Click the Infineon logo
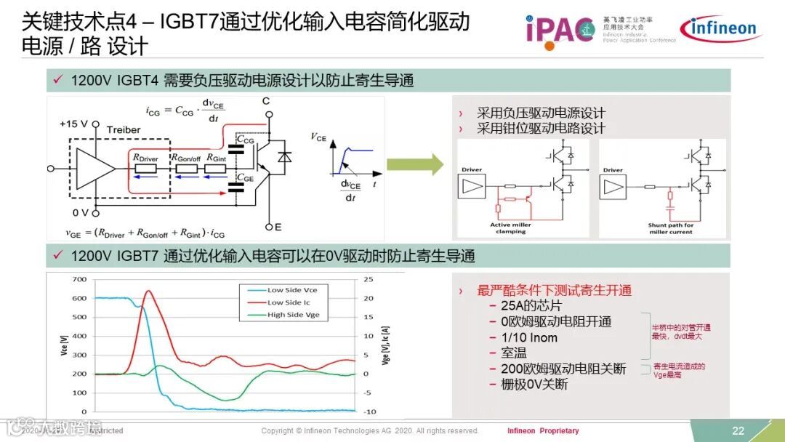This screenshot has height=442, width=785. pos(718,28)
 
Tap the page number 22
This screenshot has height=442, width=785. pos(738,430)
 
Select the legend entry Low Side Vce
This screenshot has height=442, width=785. pos(292,290)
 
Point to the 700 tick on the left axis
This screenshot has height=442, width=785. pos(79,280)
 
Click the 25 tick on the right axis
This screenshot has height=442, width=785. pos(369,280)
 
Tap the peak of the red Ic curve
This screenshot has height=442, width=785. pos(148,292)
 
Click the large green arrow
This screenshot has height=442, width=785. pos(414,164)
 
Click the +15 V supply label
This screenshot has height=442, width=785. pos(74,124)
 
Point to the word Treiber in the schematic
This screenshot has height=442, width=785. pos(123,130)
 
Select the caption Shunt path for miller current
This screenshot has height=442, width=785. pos(671,228)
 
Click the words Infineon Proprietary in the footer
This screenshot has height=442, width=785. pos(543,430)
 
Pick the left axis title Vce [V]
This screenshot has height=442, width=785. pos(64,345)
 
